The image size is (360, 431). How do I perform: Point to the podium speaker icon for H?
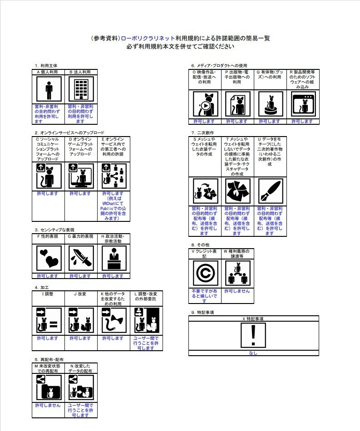tap(113, 258)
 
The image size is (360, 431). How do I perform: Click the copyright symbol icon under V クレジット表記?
tap(205, 274)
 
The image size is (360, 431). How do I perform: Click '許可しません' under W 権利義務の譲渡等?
tap(237, 291)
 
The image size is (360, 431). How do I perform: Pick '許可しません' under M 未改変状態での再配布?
tap(48, 405)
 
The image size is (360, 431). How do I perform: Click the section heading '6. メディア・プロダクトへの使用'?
tap(219, 65)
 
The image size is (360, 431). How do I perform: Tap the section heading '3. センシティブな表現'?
tap(60, 230)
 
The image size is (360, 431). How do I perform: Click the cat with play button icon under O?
tap(205, 104)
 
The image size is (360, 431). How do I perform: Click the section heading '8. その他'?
tap(200, 245)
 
